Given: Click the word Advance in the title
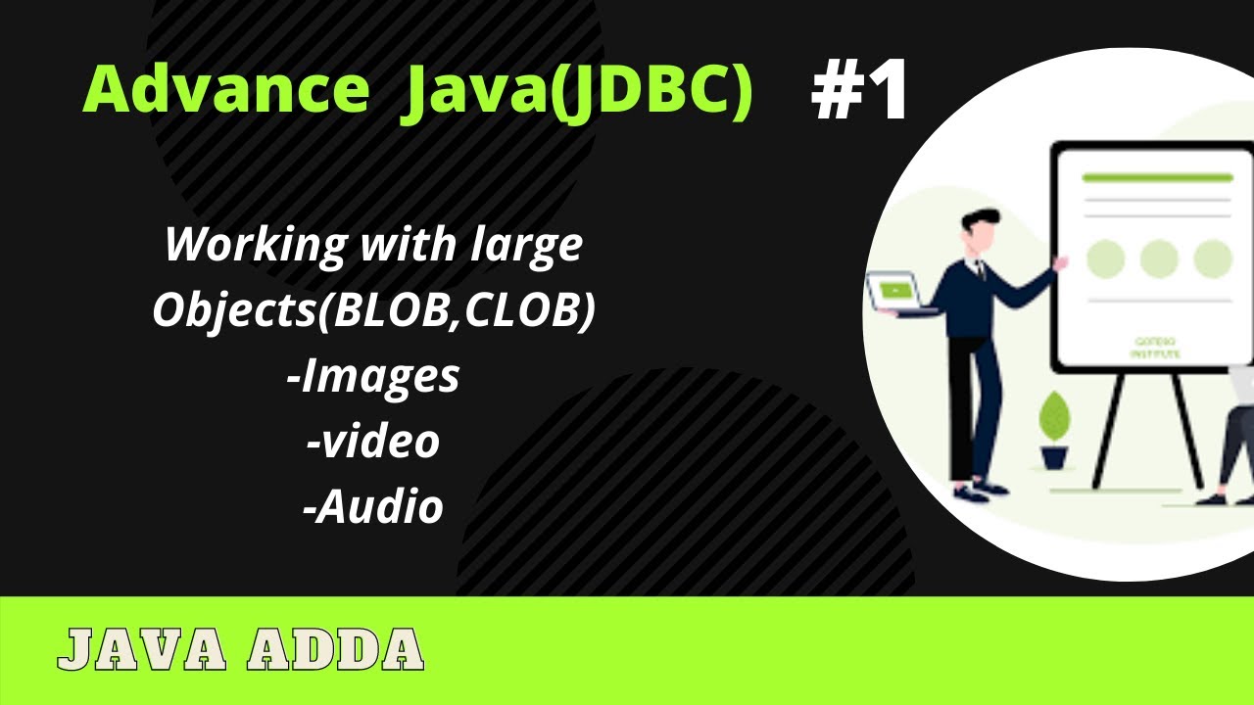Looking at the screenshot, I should [x=226, y=91].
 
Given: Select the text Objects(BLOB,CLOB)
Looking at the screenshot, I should [x=373, y=310].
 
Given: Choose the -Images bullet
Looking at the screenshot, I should [x=373, y=376].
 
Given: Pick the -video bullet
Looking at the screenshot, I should [x=373, y=442].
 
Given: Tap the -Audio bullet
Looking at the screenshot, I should [x=373, y=506].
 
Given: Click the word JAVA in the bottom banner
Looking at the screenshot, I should [x=142, y=648].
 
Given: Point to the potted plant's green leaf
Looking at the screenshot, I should [x=1054, y=416].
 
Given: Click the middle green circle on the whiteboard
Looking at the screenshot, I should [x=1159, y=258].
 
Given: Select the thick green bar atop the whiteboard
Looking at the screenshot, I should [x=1157, y=178].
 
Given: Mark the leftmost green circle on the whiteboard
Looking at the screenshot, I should [x=1105, y=258].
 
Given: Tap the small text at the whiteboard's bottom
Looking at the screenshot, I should [x=1157, y=347].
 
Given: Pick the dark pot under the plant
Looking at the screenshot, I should [x=1054, y=455].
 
